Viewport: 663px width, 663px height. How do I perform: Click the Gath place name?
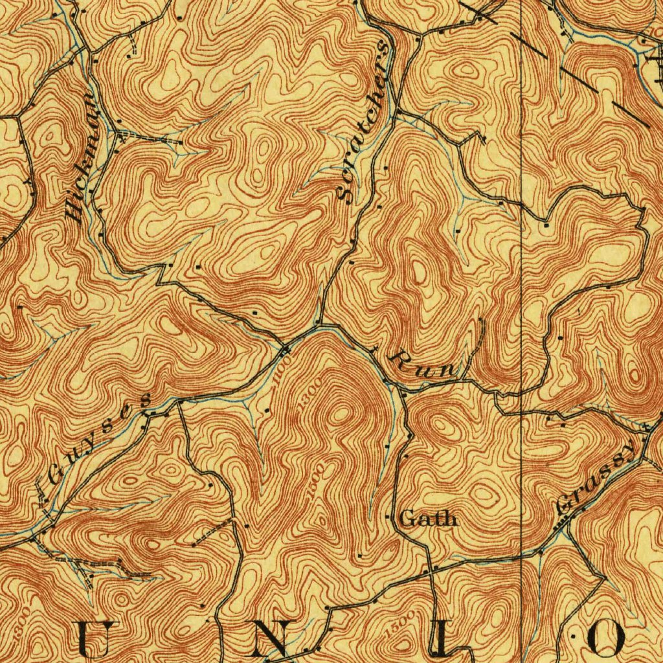(x=428, y=518)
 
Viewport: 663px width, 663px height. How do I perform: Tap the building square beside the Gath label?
(x=388, y=517)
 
